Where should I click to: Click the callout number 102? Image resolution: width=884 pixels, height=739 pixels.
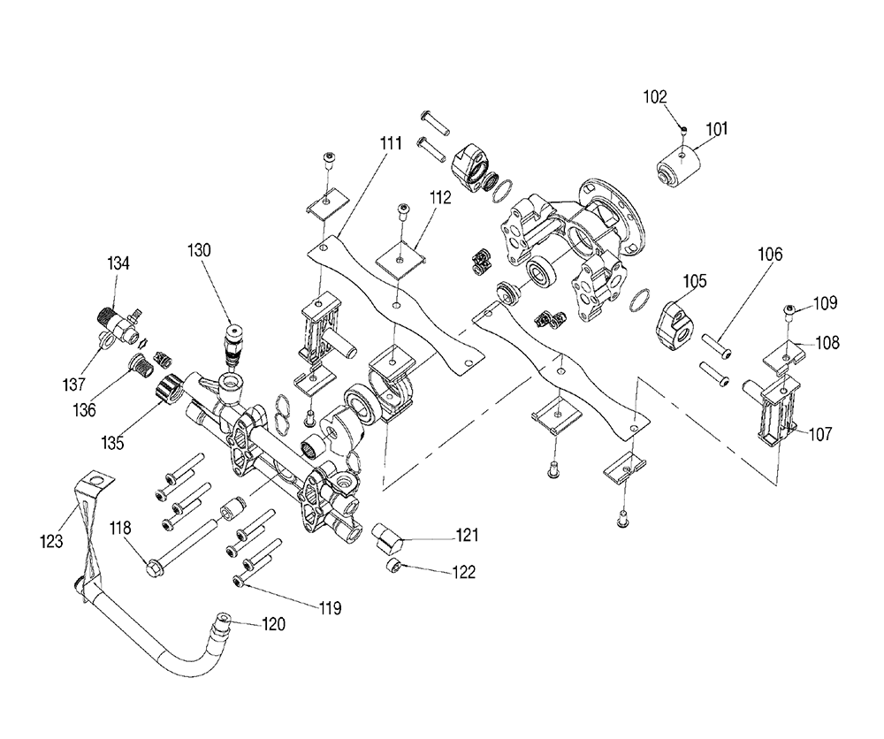tap(655, 97)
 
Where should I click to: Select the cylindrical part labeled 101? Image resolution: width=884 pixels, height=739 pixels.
tap(679, 167)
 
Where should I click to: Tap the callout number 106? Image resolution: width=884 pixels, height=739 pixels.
tap(770, 255)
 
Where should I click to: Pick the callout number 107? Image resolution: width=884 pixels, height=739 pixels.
tap(820, 434)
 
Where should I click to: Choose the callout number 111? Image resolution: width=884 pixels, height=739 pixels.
tap(391, 143)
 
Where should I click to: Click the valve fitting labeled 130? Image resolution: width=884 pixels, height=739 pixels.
tap(232, 345)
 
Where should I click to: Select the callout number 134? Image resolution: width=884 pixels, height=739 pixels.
tap(118, 263)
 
